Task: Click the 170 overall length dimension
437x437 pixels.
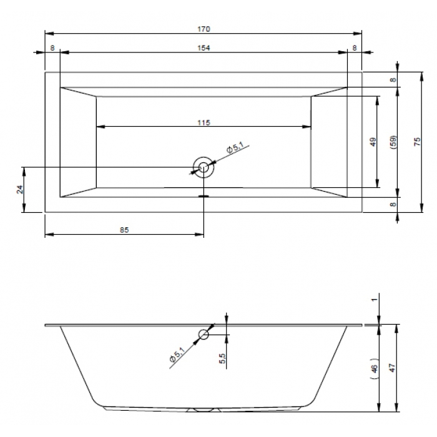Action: (204, 29)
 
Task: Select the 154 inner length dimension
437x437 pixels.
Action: (204, 48)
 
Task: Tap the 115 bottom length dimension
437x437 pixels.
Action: (204, 122)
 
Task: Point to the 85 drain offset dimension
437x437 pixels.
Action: (124, 230)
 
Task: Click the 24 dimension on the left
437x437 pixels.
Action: (20, 190)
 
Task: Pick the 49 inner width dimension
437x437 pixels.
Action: (373, 142)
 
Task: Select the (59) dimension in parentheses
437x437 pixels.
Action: (393, 142)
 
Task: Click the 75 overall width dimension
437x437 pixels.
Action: (417, 142)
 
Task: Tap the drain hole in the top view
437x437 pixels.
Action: (204, 167)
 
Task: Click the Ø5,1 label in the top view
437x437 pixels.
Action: (235, 147)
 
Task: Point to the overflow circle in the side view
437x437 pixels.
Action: (204, 334)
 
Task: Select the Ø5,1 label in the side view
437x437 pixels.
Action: (177, 355)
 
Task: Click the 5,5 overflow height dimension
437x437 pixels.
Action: (222, 358)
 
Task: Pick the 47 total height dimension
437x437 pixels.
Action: (393, 368)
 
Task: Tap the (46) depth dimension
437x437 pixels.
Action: (375, 368)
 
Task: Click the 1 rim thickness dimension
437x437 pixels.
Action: (375, 299)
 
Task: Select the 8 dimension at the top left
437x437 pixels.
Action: (52, 48)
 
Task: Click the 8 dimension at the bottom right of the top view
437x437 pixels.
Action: (393, 204)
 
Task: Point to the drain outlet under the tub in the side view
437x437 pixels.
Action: (204, 410)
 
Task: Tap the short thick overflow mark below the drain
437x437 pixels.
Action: (204, 196)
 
